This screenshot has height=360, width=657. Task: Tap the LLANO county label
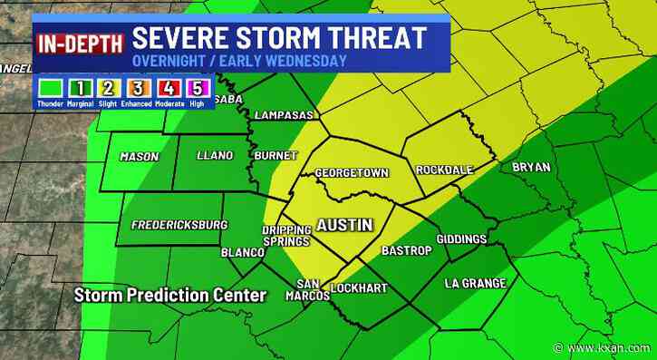click(x=214, y=156)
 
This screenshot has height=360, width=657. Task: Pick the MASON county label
click(x=140, y=157)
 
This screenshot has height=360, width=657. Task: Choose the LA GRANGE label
click(x=475, y=284)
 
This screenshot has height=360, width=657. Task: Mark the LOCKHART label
click(x=360, y=288)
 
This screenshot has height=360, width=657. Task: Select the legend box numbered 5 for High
click(x=204, y=90)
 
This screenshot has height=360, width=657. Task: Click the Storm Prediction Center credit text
click(x=170, y=296)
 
